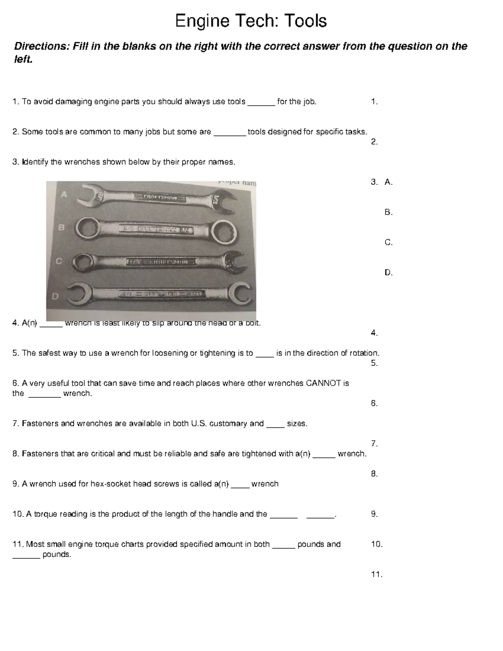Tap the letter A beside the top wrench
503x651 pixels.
pyautogui.click(x=64, y=194)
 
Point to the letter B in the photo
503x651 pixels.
pyautogui.click(x=61, y=228)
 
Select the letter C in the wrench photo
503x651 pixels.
pyautogui.click(x=59, y=261)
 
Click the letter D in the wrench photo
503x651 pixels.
pyautogui.click(x=55, y=296)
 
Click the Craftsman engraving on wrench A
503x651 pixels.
pyautogui.click(x=161, y=197)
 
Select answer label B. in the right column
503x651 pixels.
pyautogui.click(x=388, y=213)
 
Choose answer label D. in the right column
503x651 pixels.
pyautogui.click(x=388, y=273)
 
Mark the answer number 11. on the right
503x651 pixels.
pyautogui.click(x=376, y=575)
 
